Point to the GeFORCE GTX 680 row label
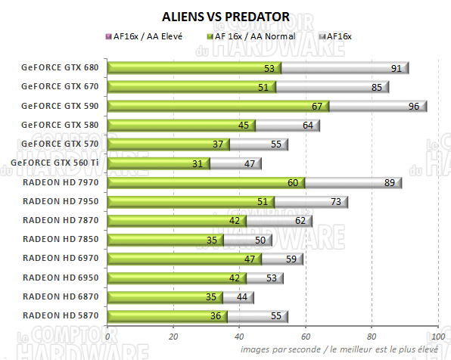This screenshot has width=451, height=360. pyautogui.click(x=61, y=68)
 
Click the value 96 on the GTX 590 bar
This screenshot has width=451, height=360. pyautogui.click(x=414, y=106)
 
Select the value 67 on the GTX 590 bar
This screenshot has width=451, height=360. pyautogui.click(x=316, y=106)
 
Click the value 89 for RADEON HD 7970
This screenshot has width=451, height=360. pyautogui.click(x=388, y=182)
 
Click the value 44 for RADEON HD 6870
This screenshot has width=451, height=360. pyautogui.click(x=241, y=296)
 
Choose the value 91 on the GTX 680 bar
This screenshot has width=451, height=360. pyautogui.click(x=396, y=68)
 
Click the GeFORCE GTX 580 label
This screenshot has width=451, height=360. pyautogui.click(x=61, y=125)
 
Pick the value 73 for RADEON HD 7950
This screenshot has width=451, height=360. pyautogui.click(x=335, y=201)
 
